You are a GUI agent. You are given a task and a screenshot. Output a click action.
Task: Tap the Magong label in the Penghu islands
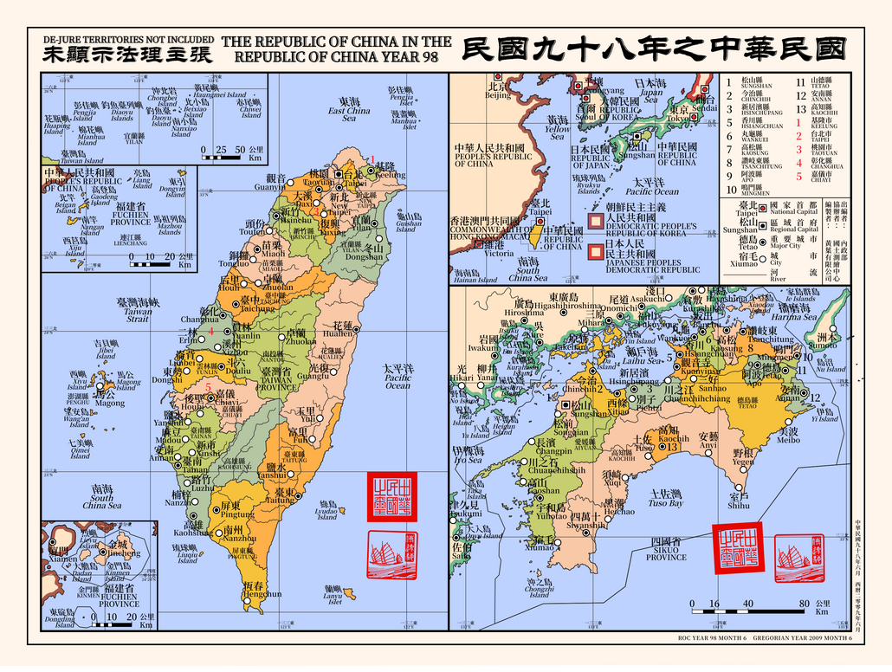click(110, 404)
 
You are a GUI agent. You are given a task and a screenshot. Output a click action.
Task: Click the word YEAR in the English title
click(389, 57)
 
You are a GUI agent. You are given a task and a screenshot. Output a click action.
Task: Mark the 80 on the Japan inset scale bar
click(802, 604)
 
